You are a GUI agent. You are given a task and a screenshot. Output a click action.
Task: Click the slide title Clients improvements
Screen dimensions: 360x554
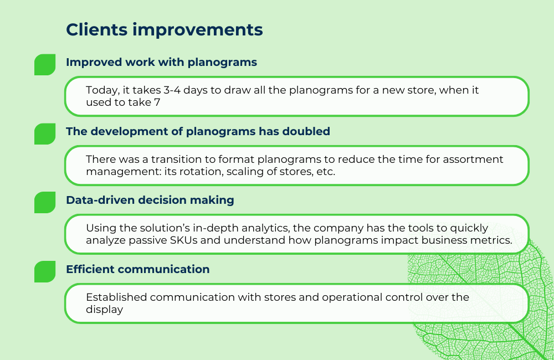pos(164,30)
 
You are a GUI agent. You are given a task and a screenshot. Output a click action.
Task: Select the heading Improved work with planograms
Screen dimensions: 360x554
pos(161,63)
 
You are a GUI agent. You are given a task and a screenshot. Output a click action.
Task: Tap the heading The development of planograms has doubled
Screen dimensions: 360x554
pos(198,132)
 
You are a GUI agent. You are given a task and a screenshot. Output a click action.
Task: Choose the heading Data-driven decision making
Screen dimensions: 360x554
pos(150,200)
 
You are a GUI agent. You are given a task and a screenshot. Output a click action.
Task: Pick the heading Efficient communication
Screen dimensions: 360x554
pos(137,270)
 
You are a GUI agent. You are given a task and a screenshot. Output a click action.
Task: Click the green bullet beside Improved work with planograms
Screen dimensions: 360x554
pos(45,65)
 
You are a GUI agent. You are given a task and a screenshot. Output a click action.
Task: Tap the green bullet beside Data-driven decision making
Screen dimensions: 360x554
pos(45,203)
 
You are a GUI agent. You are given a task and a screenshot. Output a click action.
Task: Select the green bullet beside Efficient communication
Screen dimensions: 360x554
pos(45,272)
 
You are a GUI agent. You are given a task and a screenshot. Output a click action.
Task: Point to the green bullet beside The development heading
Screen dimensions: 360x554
pos(45,134)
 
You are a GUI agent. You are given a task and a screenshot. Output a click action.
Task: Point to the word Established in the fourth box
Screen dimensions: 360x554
pos(116,297)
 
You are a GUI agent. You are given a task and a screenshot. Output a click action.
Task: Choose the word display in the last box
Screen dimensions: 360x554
pos(104,310)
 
